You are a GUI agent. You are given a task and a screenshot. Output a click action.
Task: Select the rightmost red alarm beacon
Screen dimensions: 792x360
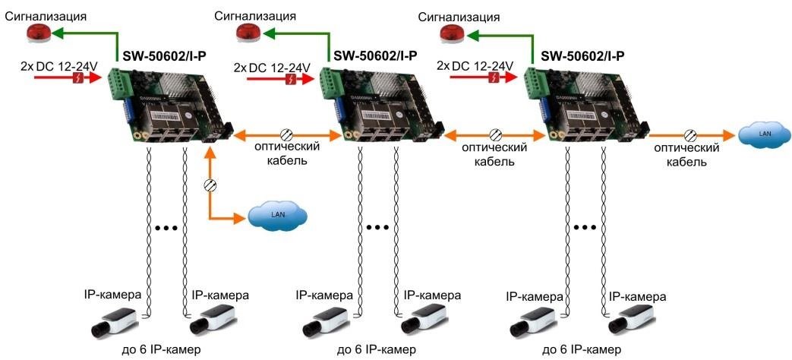tap(452, 34)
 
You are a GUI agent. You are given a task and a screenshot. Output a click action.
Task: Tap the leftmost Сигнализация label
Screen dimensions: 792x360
tap(46, 16)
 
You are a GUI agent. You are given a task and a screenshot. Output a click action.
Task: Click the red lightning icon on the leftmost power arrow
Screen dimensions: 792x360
tap(79, 77)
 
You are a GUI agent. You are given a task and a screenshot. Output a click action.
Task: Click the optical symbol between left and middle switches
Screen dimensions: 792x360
tap(286, 135)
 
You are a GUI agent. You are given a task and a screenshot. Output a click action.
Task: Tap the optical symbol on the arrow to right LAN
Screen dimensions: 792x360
tap(690, 135)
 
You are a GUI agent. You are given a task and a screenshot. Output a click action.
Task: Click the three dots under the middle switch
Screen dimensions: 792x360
tap(377, 227)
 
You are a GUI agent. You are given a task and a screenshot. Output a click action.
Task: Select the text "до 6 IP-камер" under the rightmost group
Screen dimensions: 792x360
tap(582, 349)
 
